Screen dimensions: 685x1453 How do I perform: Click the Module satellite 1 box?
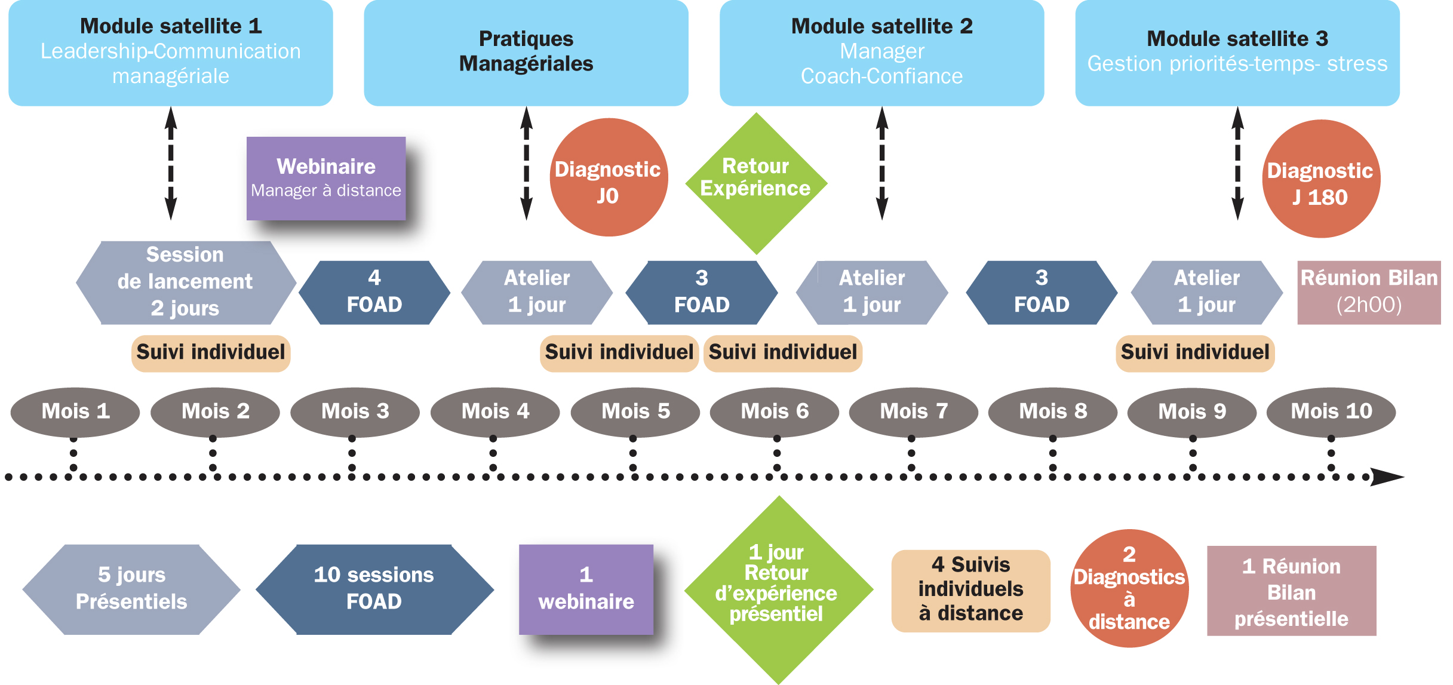tap(170, 53)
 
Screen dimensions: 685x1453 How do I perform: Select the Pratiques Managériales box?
tap(526, 53)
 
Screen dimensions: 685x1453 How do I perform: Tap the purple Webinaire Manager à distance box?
tap(326, 178)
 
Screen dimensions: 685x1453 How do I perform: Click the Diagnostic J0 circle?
tap(608, 177)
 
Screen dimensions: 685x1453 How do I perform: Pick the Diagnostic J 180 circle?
tap(1320, 179)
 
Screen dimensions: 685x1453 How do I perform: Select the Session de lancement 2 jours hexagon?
tap(185, 282)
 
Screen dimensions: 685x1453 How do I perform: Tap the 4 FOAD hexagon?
tap(374, 292)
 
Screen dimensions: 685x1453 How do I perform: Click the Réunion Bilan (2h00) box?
tap(1369, 292)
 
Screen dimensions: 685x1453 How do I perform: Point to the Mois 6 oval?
tap(775, 411)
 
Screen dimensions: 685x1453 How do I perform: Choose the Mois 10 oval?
tap(1331, 411)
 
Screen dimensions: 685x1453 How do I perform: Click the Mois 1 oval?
tap(75, 411)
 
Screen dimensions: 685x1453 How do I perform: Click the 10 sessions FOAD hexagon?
tap(374, 589)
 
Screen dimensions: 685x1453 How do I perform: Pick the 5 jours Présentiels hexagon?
tap(131, 589)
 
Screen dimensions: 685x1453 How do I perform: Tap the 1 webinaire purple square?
tap(586, 589)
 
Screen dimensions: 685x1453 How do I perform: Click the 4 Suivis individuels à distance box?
tap(970, 590)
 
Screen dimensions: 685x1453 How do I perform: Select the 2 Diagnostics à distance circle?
tap(1129, 588)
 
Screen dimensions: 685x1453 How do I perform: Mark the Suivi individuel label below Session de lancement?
tap(210, 353)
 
